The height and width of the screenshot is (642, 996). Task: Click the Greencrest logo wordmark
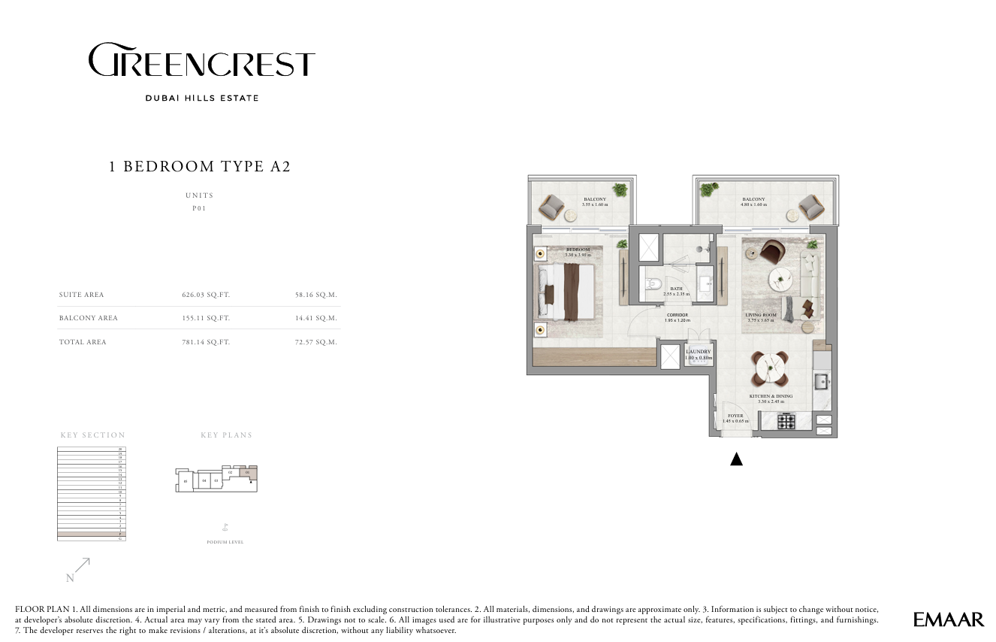coord(201,61)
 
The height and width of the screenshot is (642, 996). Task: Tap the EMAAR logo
coord(949,619)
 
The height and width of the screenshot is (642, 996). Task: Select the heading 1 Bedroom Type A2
coord(200,167)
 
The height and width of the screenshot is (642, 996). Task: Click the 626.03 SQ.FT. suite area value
coord(206,295)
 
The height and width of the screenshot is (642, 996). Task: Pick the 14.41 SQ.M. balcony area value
coord(316,318)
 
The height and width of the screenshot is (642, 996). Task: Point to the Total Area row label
coord(83,342)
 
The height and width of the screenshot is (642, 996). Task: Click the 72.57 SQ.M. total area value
coord(316,342)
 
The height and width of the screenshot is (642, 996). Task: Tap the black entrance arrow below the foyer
coord(736,459)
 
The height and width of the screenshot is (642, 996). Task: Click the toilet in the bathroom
coord(653,286)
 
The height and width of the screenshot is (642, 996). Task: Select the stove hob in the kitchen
coord(786,422)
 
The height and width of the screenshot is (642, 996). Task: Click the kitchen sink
coord(822,381)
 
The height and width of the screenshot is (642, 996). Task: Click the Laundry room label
coord(698,352)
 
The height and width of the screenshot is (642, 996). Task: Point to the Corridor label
coord(677,316)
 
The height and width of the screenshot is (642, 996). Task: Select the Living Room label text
coord(760,316)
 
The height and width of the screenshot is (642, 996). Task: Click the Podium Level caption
coord(225,542)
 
